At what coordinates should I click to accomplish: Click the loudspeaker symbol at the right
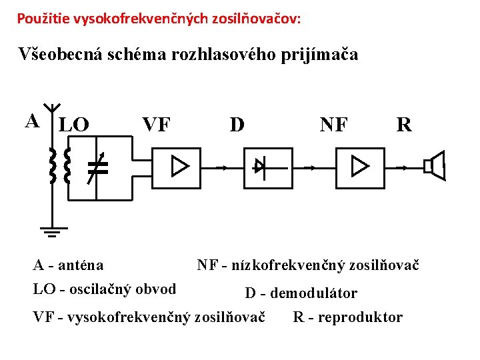435,166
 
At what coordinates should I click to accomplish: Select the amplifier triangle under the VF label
179,166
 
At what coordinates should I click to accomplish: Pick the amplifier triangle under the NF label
360,166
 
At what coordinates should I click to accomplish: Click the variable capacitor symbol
97,167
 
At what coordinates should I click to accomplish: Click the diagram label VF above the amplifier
157,125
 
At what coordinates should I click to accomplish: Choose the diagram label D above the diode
237,125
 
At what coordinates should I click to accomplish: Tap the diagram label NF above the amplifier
333,125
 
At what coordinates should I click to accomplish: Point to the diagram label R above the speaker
404,125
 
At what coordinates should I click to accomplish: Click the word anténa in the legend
81,265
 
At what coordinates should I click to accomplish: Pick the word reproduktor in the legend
360,317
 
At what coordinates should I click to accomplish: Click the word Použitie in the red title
40,18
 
